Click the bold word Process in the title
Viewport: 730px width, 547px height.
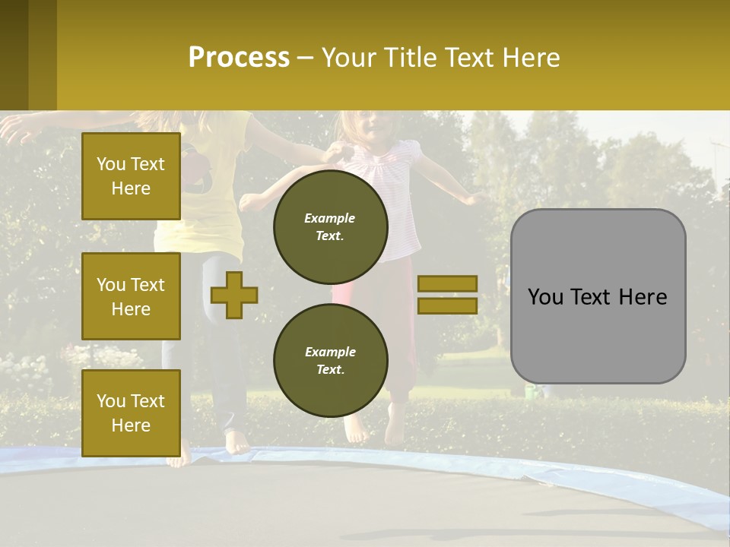pos(239,57)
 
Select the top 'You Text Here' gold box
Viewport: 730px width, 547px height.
pos(131,176)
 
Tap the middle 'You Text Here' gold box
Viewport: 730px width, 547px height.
pos(131,296)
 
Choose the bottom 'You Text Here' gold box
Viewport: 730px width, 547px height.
pos(131,413)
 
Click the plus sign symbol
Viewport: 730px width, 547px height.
pos(234,295)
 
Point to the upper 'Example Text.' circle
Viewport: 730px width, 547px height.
pos(331,226)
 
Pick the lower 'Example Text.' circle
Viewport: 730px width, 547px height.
pos(331,360)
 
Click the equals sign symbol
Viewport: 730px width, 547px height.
pos(447,295)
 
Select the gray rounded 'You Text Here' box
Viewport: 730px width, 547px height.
pos(598,296)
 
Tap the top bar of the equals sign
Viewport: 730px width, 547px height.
pos(447,283)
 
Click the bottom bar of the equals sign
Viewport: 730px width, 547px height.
pos(447,306)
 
